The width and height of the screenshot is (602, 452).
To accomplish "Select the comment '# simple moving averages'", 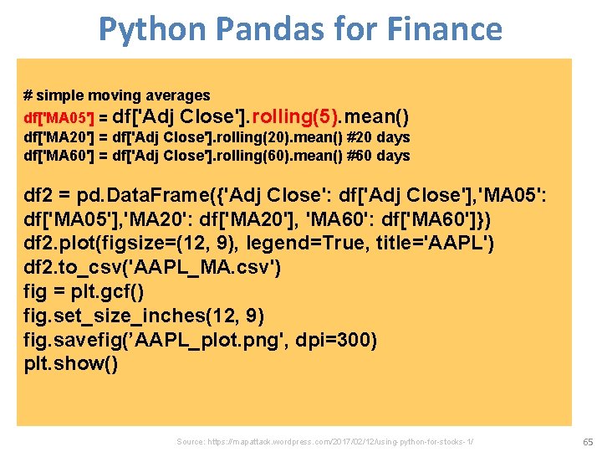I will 117,95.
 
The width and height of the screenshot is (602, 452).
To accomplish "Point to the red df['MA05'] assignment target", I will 60,117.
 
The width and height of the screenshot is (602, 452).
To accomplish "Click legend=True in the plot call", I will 292,244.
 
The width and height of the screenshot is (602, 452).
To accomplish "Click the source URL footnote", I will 325,440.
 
